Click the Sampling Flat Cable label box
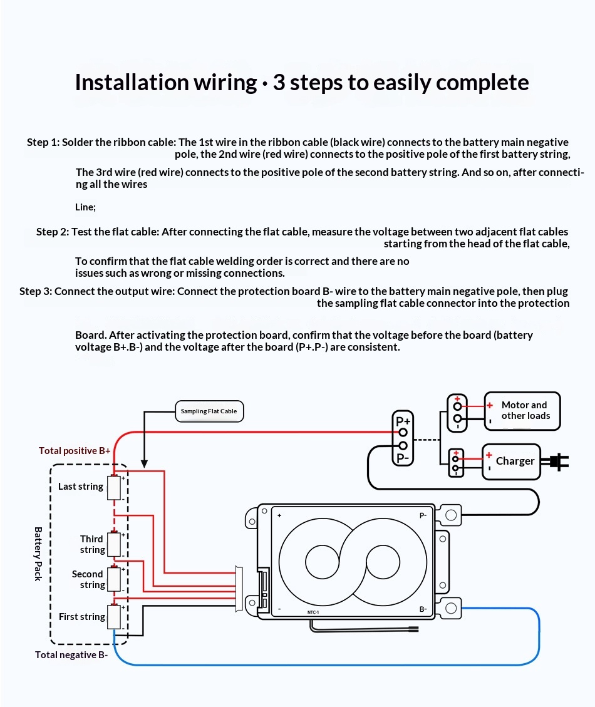209,411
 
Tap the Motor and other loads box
522,411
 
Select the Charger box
511,462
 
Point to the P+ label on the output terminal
403,421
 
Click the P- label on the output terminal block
402,458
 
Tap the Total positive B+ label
75,450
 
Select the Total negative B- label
71,654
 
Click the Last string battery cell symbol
114,487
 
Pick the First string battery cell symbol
114,616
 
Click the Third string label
93,544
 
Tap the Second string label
88,579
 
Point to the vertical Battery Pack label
38,554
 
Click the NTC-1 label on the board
313,612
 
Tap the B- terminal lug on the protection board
451,609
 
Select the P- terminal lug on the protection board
451,515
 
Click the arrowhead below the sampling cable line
144,464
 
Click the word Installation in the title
132,83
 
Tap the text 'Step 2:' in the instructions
53,232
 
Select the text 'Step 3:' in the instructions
36,291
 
